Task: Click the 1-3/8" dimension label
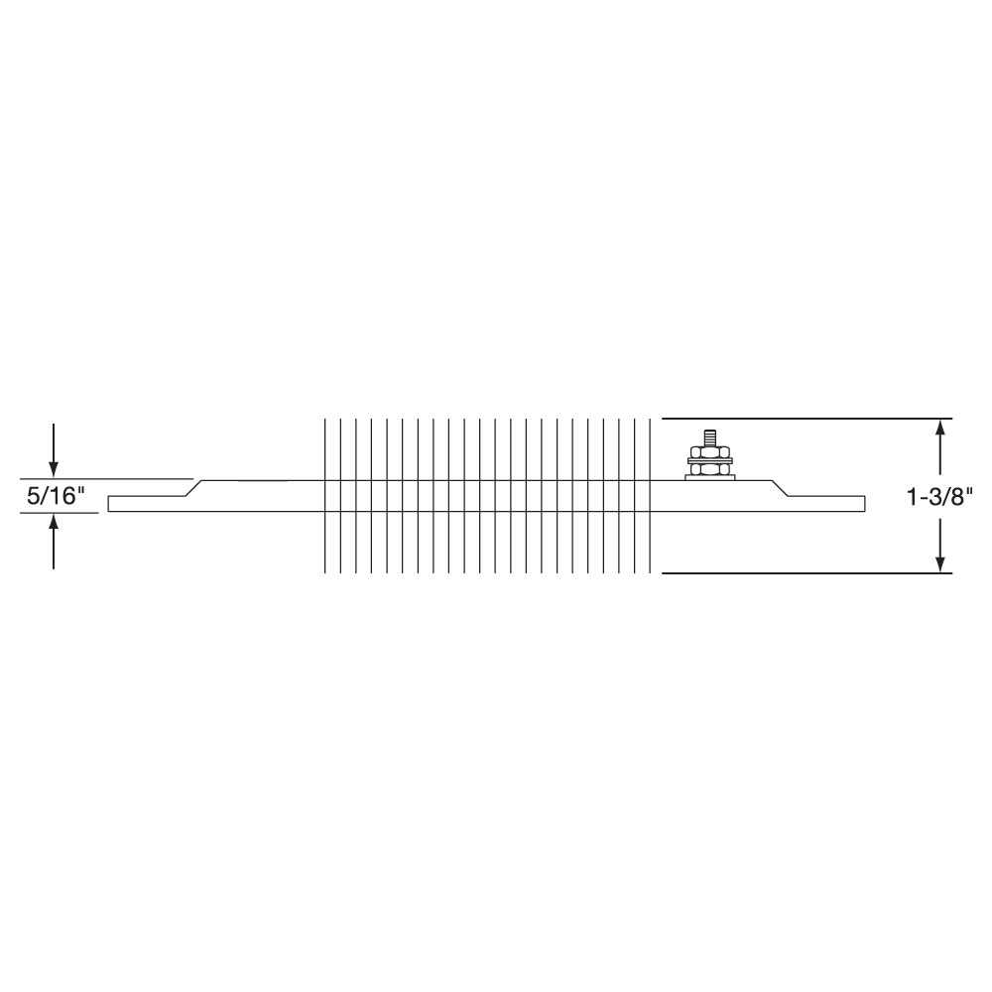click(939, 496)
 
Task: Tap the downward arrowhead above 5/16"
click(54, 467)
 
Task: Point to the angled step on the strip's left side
click(195, 488)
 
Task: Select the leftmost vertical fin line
click(324, 496)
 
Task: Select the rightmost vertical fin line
click(650, 496)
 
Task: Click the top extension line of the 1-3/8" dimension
click(794, 419)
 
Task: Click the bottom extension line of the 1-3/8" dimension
click(794, 573)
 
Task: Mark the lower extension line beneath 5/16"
click(60, 513)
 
